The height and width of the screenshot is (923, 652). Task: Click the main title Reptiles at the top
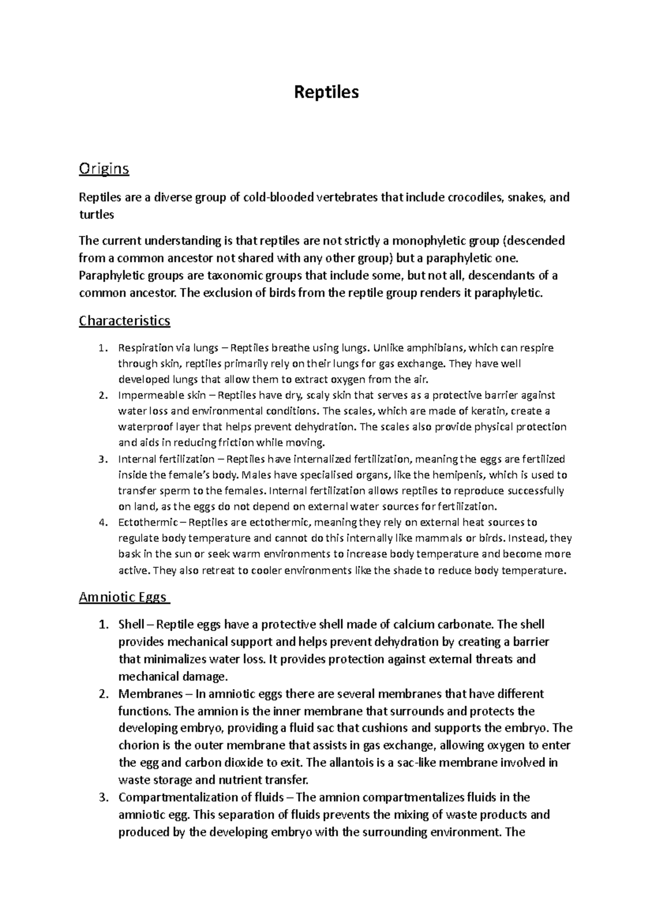326,92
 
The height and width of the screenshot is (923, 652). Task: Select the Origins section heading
104,169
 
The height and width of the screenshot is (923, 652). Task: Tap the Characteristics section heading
124,321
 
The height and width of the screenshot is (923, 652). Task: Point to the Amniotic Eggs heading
122,597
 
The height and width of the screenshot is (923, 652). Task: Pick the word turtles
96,215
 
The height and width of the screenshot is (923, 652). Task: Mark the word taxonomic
239,276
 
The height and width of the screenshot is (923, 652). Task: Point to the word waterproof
143,427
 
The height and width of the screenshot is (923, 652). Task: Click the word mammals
429,539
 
